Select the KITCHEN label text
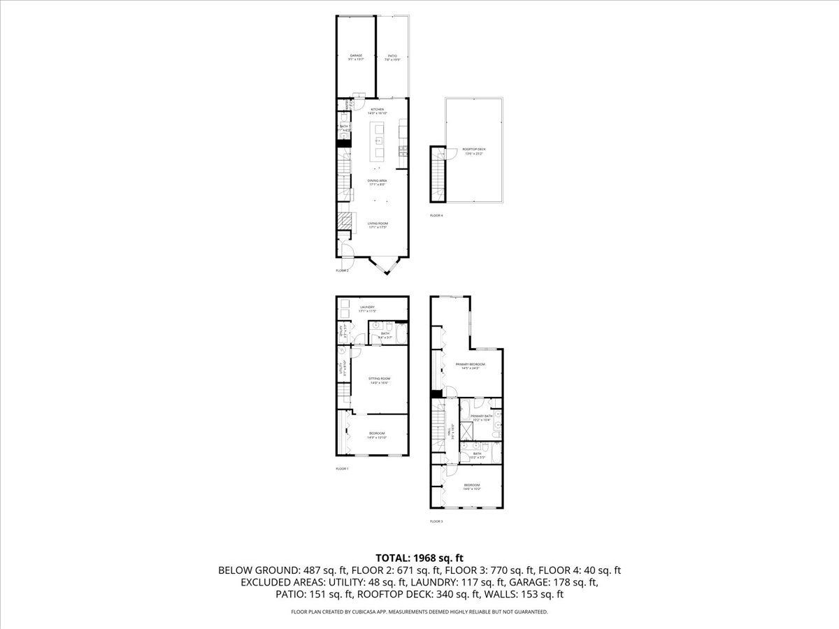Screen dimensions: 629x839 [378, 110]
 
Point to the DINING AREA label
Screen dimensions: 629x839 [378, 180]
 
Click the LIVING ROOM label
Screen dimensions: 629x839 [378, 224]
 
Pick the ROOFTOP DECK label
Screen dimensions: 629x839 [474, 149]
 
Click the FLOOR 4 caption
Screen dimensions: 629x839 [436, 215]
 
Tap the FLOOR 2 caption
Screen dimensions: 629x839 [342, 270]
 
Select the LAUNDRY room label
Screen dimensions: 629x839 [368, 308]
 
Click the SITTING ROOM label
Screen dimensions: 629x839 [379, 379]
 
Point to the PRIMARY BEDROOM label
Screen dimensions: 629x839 [470, 364]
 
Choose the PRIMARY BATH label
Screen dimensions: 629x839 [481, 417]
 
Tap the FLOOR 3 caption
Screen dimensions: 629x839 [436, 521]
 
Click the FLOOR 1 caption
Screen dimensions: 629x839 [342, 468]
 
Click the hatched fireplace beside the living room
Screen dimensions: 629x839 [343, 222]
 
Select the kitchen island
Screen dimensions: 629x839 [378, 140]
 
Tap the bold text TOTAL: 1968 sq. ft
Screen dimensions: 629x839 [419, 558]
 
